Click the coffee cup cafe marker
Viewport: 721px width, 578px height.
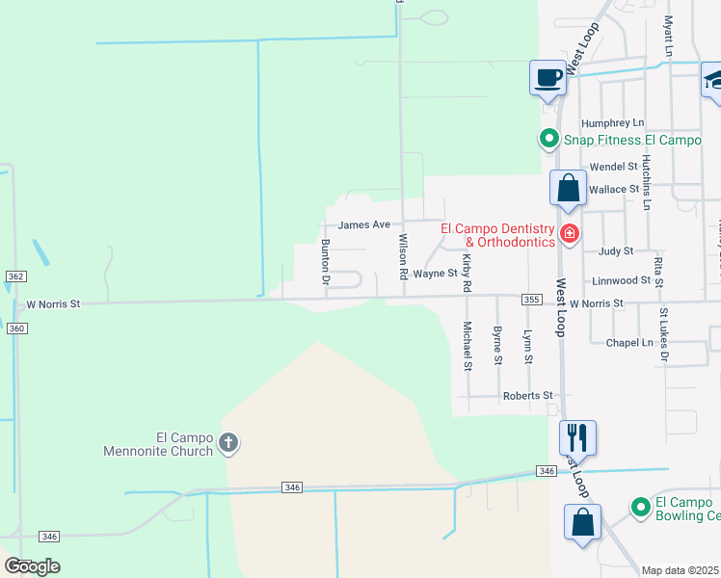coord(547,78)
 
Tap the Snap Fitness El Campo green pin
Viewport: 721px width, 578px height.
coord(548,140)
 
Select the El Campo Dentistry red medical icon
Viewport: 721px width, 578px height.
coord(569,234)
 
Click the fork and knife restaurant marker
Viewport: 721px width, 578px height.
coord(577,438)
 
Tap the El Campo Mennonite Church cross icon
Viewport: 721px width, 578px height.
coord(227,443)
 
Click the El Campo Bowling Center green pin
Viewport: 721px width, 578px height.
coord(639,506)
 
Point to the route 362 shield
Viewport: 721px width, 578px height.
coord(14,276)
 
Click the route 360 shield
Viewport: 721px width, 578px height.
coord(14,328)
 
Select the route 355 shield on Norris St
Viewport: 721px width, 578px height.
coord(531,301)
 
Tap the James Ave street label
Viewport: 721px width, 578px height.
coord(364,224)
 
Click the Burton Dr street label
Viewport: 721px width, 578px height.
coord(326,263)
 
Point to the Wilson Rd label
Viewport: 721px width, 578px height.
coord(403,257)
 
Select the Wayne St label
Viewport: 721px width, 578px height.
coord(434,274)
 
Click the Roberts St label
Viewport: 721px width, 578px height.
coord(527,396)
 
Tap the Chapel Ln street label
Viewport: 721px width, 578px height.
coord(629,343)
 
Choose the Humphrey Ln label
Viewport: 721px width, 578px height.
coord(612,123)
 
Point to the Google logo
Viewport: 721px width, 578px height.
coord(32,566)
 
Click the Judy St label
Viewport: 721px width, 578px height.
coord(615,250)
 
